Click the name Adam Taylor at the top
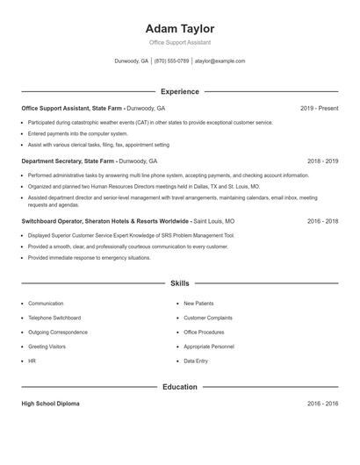click(x=180, y=28)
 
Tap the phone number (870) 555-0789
click(x=172, y=61)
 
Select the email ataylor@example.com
click(x=220, y=61)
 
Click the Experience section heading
click(x=180, y=91)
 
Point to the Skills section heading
click(x=180, y=283)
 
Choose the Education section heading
click(x=180, y=387)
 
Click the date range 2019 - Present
click(x=319, y=108)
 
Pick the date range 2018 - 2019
click(x=322, y=161)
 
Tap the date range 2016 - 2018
click(x=322, y=222)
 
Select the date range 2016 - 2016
click(x=322, y=404)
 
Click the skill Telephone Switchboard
click(x=54, y=318)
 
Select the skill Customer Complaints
click(x=208, y=318)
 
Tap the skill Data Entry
click(x=196, y=361)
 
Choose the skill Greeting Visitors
click(x=47, y=347)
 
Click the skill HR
click(x=32, y=361)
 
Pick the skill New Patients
click(x=199, y=304)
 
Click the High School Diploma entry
click(x=50, y=404)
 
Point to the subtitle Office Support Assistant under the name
click(x=180, y=42)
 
